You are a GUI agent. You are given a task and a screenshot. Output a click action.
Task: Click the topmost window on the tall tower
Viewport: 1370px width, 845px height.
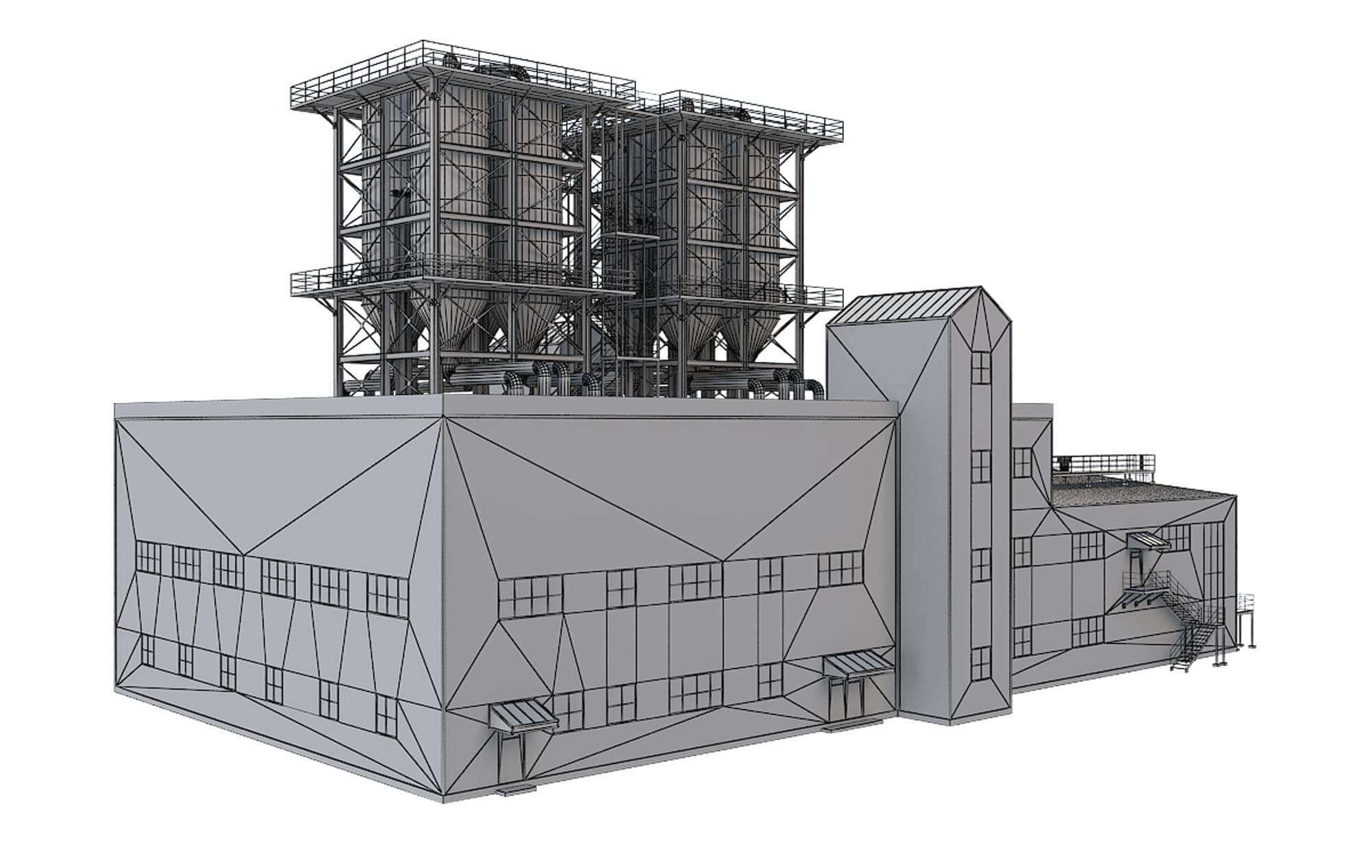[981, 367]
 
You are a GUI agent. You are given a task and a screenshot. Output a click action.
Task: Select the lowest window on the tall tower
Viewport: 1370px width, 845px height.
[981, 662]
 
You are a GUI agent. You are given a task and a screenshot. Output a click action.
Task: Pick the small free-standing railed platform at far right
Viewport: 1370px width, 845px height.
[1245, 616]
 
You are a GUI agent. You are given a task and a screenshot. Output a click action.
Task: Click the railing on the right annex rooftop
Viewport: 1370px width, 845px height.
[1103, 461]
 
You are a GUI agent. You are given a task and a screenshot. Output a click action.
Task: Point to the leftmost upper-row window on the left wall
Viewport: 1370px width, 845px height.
[148, 556]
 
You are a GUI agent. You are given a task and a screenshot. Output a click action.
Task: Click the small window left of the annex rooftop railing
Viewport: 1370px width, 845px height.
[1022, 462]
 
